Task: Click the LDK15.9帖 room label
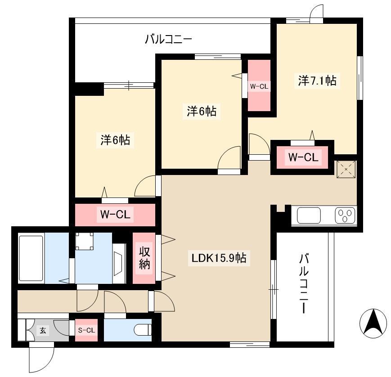(x=219, y=258)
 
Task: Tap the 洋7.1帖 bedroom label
(x=317, y=80)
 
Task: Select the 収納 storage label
(x=144, y=258)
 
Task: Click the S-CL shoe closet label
(x=86, y=330)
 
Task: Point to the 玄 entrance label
(x=43, y=331)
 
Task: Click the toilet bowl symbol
(x=143, y=330)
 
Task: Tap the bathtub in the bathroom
(x=31, y=258)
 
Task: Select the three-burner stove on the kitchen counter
(x=345, y=215)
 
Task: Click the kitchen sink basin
(x=309, y=215)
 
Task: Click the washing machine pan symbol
(x=85, y=241)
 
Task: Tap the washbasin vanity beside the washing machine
(x=119, y=263)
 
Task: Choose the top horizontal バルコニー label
(x=169, y=40)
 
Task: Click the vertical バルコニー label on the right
(x=304, y=283)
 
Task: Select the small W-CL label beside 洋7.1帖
(x=259, y=86)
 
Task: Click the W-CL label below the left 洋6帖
(x=115, y=214)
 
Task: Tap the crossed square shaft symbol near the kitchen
(x=346, y=169)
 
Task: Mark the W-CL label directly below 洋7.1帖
(x=303, y=157)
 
